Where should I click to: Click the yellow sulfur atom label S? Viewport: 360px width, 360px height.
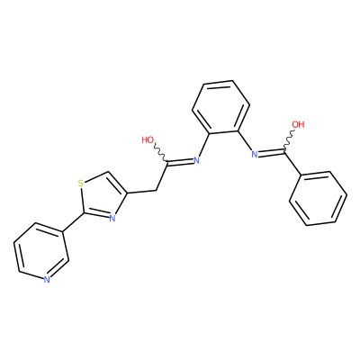tap(80, 183)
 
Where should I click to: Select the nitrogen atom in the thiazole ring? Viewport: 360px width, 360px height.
tap(112, 218)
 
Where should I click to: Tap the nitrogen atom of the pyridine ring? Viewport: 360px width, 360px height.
tap(47, 280)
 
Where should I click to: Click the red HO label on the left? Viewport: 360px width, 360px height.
tap(148, 139)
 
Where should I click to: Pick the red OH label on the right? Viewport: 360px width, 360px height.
tap(298, 124)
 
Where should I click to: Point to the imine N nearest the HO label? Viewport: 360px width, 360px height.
tap(196, 160)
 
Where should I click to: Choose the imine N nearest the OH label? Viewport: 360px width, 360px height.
tap(255, 155)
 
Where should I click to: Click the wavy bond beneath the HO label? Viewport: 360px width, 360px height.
tap(160, 153)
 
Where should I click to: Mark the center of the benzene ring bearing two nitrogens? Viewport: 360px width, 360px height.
tap(221, 107)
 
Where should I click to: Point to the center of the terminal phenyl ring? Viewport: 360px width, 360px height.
tap(319, 199)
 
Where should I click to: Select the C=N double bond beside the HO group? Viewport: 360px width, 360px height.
tap(180, 161)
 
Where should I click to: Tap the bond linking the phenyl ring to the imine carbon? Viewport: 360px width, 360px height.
tap(292, 163)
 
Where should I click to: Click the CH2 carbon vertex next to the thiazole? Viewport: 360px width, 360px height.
tap(157, 190)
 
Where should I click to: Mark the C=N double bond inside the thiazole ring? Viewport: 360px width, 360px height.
tap(95, 213)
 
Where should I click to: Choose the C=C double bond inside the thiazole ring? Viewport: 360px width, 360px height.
tap(118, 183)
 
